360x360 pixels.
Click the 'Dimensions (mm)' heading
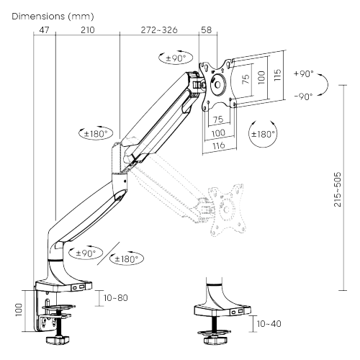point(53,17)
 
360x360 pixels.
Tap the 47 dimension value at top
point(44,30)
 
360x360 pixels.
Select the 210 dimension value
point(88,30)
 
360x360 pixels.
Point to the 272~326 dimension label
point(159,30)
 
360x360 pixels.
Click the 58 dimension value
point(207,30)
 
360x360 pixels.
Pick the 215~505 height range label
point(338,189)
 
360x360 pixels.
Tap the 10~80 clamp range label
point(116,298)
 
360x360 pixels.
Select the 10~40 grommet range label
point(269,323)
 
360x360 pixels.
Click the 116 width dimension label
point(219,145)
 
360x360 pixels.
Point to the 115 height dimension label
point(277,75)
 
